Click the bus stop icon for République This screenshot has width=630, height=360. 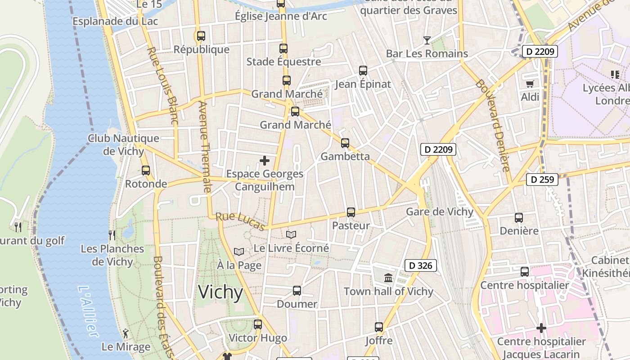pos(201,36)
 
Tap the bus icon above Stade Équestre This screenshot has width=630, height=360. pos(283,48)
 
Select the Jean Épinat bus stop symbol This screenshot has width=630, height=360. pos(363,70)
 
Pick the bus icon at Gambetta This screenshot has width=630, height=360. pos(345,143)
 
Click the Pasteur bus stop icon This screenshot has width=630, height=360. pos(351,212)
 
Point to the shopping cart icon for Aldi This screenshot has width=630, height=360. pos(530,83)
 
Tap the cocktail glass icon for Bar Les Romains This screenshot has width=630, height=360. pos(427,40)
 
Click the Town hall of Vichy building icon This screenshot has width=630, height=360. pos(388,278)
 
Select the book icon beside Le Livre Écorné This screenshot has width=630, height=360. pos(291,234)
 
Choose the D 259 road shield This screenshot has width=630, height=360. pos(542,180)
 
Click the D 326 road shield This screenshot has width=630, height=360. pos(421,265)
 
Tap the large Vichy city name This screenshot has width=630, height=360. pos(220,292)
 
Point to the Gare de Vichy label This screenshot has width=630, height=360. pos(440,211)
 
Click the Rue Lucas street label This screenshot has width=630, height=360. pos(239,221)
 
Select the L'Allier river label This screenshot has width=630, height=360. pos(88,310)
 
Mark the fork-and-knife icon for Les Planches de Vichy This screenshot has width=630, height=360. pos(112,235)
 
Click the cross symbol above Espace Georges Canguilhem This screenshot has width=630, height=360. pos(265,160)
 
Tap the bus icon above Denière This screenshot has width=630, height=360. pos(518,217)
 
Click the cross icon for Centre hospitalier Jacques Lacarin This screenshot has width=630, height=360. pos(541,328)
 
